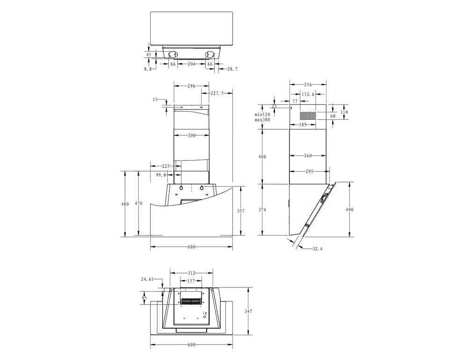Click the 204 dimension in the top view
pyautogui.click(x=191, y=64)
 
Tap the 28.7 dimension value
pyautogui.click(x=232, y=69)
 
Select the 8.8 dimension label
pyautogui.click(x=148, y=69)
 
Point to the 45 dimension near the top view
pyautogui.click(x=149, y=54)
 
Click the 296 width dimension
pyautogui.click(x=191, y=86)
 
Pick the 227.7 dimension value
pyautogui.click(x=217, y=93)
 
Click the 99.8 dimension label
pyautogui.click(x=161, y=175)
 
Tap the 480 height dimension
pyautogui.click(x=125, y=204)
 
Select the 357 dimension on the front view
pyautogui.click(x=241, y=211)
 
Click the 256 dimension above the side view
pyautogui.click(x=308, y=85)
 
